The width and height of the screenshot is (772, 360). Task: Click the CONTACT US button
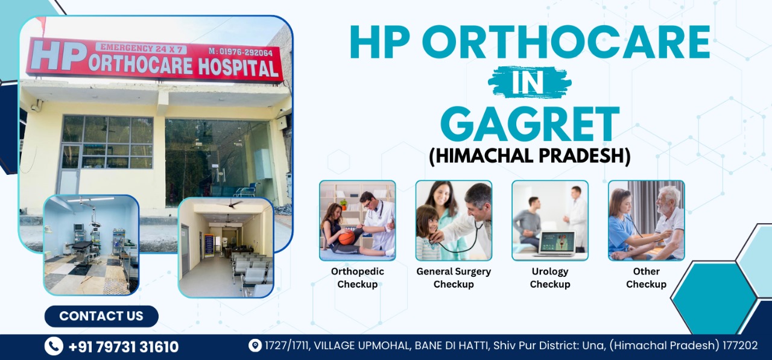click(x=101, y=316)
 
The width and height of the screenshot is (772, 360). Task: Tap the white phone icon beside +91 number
click(x=54, y=346)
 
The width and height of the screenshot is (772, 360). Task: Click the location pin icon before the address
click(x=255, y=345)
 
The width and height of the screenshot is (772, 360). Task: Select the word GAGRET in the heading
click(x=530, y=124)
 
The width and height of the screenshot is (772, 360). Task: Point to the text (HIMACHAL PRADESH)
click(x=530, y=156)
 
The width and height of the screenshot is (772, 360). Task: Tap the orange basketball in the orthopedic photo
click(x=346, y=238)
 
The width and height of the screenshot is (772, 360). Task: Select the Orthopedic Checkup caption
click(x=358, y=277)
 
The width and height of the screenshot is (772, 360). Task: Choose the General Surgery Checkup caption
click(x=454, y=277)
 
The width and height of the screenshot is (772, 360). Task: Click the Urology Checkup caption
click(x=550, y=277)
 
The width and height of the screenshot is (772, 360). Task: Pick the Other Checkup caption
click(x=646, y=277)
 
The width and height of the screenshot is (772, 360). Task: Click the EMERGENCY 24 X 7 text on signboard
click(x=141, y=49)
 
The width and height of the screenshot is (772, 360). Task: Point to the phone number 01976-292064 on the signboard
click(x=246, y=52)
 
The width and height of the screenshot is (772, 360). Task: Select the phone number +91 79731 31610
click(x=124, y=347)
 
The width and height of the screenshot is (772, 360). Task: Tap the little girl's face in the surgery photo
click(x=427, y=221)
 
